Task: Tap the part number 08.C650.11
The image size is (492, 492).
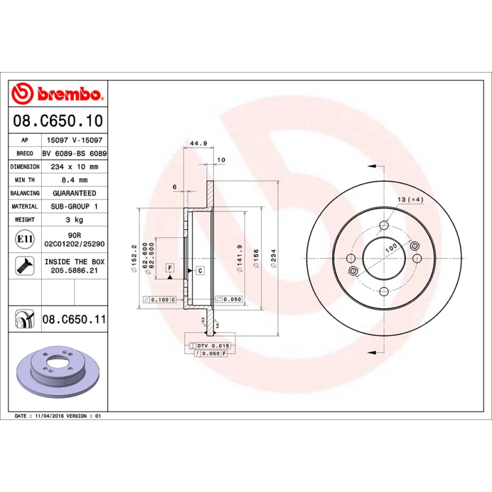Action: (x=74, y=319)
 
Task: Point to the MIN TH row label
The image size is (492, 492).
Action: (x=25, y=180)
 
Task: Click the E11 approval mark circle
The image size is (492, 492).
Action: (x=25, y=239)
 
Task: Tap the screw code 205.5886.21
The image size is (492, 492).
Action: (x=74, y=270)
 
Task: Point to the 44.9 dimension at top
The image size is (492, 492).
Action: (x=197, y=143)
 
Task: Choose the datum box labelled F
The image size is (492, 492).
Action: (x=169, y=268)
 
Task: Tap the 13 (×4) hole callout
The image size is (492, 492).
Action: (x=411, y=199)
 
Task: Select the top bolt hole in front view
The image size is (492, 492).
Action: (x=383, y=224)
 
